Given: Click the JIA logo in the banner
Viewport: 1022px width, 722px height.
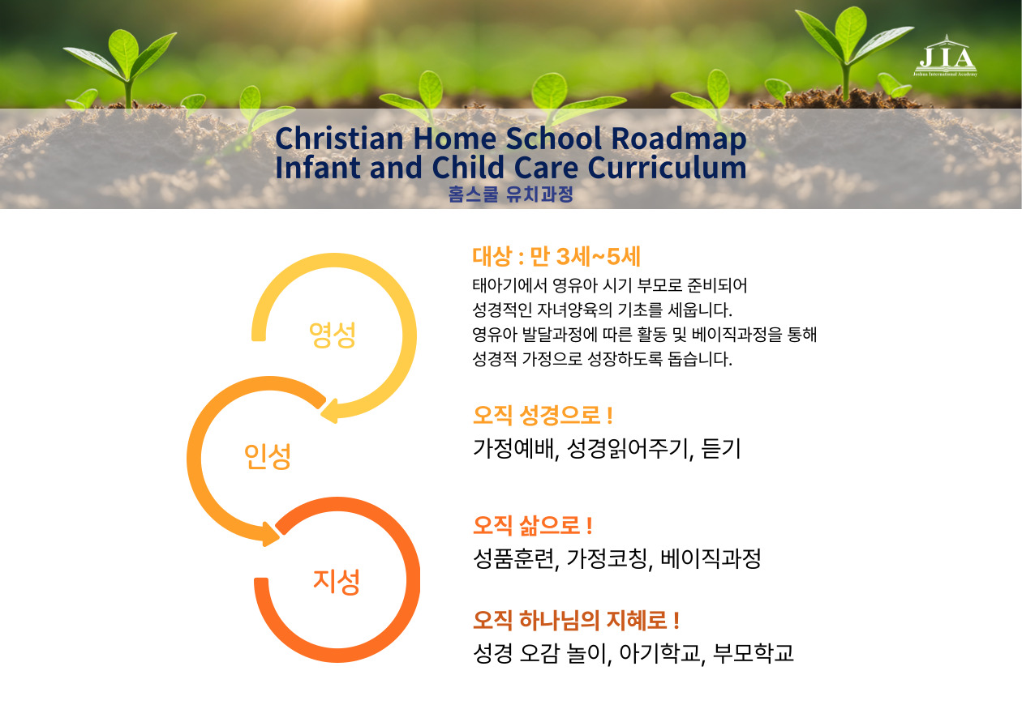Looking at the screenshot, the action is tap(946, 56).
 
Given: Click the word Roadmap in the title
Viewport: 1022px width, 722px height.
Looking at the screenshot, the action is tap(678, 138).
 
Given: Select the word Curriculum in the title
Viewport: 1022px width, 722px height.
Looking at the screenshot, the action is tap(667, 167).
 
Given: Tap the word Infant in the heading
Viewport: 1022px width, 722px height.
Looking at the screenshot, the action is tap(318, 167).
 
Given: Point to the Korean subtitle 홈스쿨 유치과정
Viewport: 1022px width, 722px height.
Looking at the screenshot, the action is tap(510, 194).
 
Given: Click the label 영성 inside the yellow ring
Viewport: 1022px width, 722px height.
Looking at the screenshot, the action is tap(333, 335).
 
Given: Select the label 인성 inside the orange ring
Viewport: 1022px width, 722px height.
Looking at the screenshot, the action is tap(268, 456).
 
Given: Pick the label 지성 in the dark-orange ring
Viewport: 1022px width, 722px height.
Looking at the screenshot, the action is tap(337, 582).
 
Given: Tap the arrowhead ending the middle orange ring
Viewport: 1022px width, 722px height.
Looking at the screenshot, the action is tap(272, 534).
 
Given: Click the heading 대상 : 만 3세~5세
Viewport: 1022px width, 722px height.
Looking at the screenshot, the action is tap(556, 256).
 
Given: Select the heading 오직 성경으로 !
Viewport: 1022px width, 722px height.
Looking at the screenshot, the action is tap(543, 415).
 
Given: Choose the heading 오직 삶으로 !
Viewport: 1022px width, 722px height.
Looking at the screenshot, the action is tap(532, 525).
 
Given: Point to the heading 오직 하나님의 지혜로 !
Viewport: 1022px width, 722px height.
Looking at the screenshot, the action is tap(576, 620).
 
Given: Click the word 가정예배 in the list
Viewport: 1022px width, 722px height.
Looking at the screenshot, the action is tap(514, 449).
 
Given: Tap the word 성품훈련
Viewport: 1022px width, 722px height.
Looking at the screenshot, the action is tap(514, 558).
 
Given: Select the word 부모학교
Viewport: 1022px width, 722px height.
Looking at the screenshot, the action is tap(754, 653).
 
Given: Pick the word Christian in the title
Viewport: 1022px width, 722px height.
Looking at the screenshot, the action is tap(339, 138).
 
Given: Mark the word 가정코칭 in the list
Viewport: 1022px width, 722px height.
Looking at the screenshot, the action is tap(608, 558).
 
